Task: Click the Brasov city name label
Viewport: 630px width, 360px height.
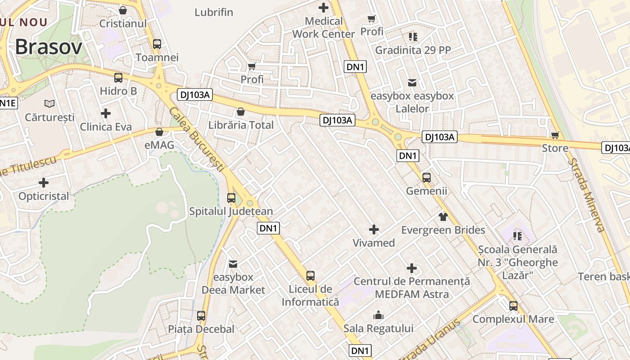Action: pos(49,47)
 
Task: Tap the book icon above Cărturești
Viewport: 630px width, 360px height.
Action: pos(49,103)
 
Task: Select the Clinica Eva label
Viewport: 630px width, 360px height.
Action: pos(106,127)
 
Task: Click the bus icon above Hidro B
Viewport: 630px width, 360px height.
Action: pos(118,78)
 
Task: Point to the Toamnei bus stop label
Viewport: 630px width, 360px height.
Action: pos(157,58)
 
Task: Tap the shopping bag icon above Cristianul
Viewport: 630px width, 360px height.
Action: pos(122,10)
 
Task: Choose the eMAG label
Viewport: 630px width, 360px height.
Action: pos(159,145)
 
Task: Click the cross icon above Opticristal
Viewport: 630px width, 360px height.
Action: pos(44,183)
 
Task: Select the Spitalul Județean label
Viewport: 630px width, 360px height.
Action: pos(231,211)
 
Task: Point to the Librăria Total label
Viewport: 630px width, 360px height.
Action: pos(241,125)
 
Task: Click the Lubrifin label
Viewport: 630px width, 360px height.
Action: pos(214,12)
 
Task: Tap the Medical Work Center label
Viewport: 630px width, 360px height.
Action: pos(324,27)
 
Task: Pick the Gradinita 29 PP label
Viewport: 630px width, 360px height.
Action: pos(413,50)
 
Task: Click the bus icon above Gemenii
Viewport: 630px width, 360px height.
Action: pos(427,178)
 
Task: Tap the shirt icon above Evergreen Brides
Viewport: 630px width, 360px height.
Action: pos(443,217)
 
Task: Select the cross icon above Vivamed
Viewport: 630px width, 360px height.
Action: pos(373,230)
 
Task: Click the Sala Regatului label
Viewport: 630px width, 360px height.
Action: pos(378,328)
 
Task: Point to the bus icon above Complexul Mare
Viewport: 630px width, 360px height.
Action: pos(513,306)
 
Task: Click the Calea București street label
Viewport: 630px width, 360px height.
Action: pos(197,139)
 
